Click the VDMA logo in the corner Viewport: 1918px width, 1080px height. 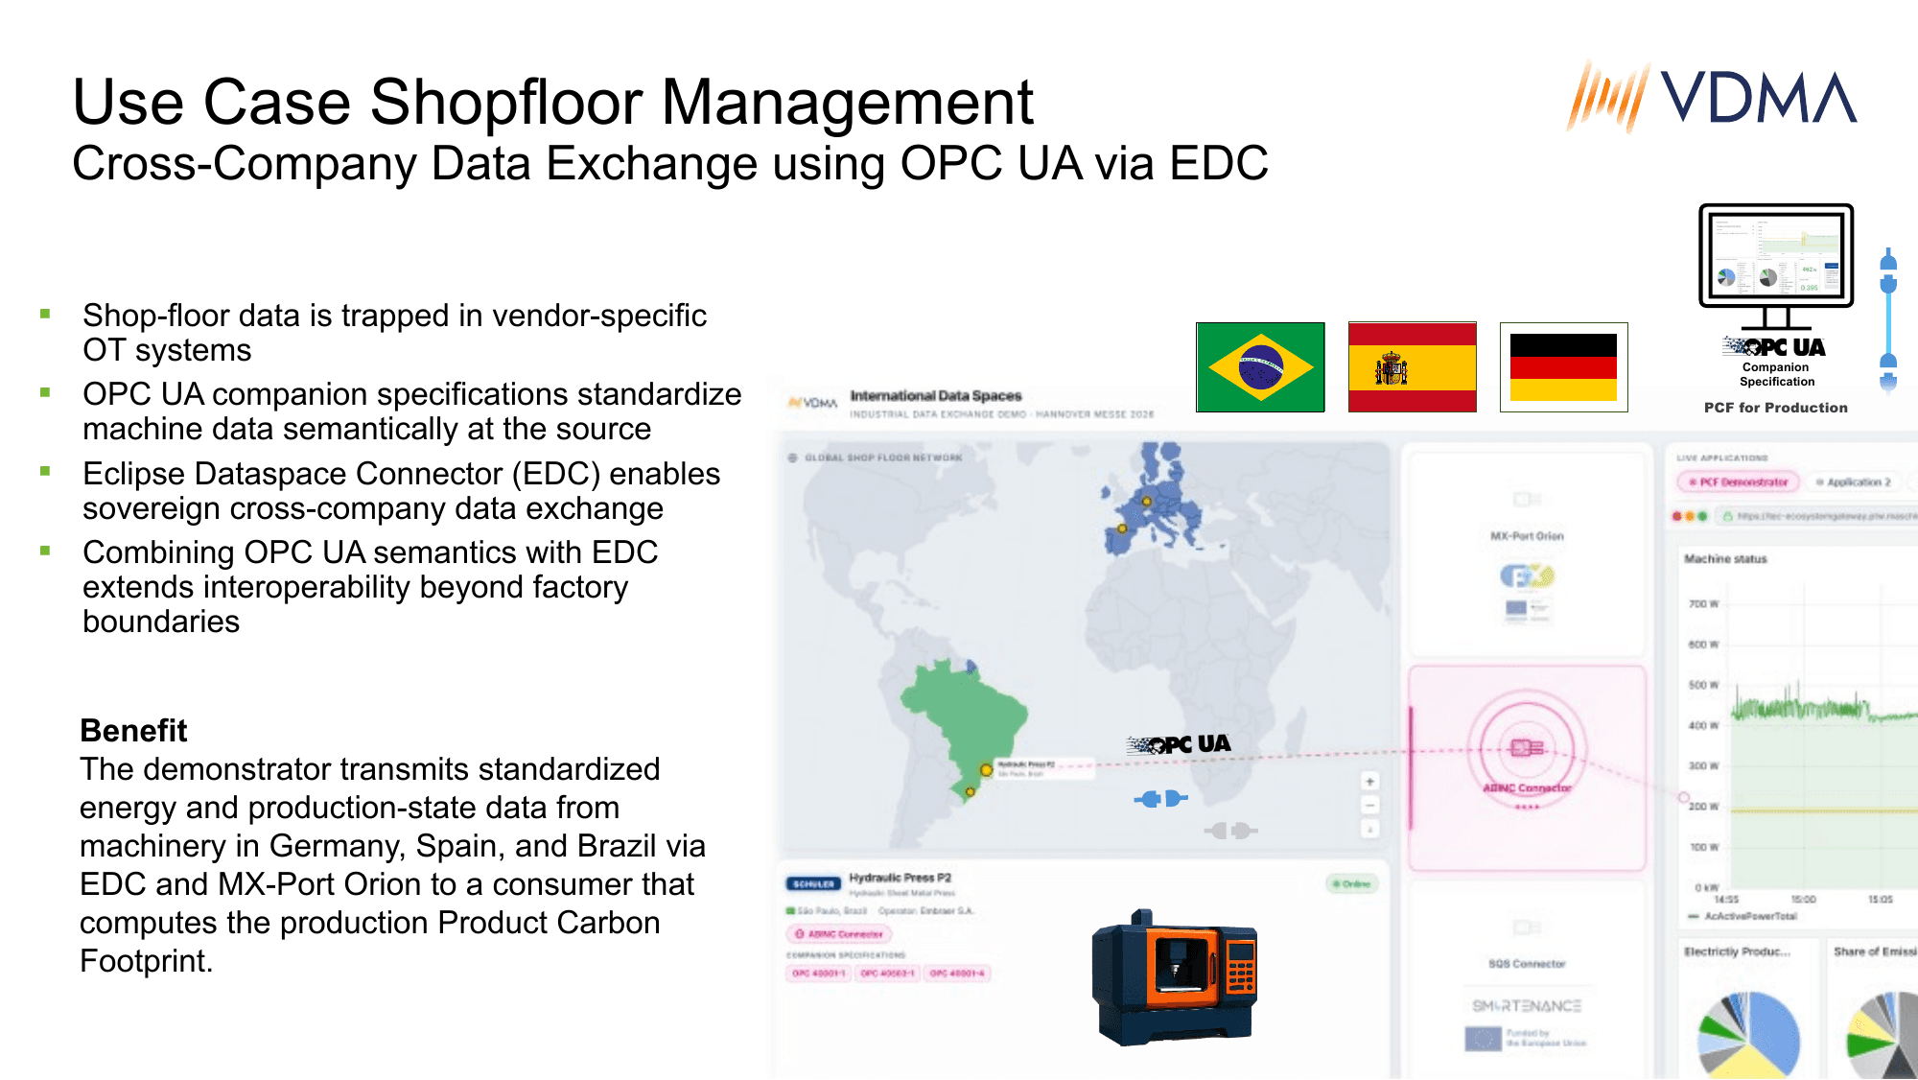click(x=1712, y=97)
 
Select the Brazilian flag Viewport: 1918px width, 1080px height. click(x=1260, y=367)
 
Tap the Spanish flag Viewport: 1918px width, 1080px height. click(x=1412, y=367)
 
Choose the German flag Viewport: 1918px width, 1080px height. click(x=1563, y=367)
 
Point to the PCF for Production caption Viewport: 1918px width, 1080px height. click(x=1775, y=408)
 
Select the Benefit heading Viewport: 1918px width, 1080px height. click(x=133, y=731)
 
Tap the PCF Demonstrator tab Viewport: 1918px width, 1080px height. click(x=1739, y=482)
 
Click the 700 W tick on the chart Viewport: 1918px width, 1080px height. click(x=1703, y=604)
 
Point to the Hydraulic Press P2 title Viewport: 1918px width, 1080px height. click(x=900, y=878)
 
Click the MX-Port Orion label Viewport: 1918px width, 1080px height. click(x=1527, y=536)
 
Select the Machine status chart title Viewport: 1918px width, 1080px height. click(x=1725, y=559)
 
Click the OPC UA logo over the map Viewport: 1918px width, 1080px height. click(x=1179, y=744)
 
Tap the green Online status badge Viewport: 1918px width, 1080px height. click(x=1352, y=884)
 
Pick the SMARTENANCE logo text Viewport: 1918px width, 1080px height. click(x=1527, y=1006)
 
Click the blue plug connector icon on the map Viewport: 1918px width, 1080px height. click(x=1161, y=798)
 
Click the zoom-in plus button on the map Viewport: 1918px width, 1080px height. click(x=1370, y=782)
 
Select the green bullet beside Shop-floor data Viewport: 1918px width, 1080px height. click(x=45, y=314)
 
